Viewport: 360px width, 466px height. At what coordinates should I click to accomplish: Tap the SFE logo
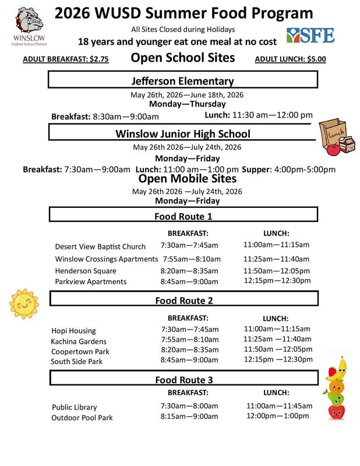tap(310, 34)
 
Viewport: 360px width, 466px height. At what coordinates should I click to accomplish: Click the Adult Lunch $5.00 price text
tap(291, 59)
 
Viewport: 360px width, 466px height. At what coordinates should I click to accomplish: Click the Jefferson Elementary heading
tap(183, 81)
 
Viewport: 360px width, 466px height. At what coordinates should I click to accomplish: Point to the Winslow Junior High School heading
tap(183, 133)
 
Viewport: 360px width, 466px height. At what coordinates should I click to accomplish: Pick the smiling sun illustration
tap(23, 301)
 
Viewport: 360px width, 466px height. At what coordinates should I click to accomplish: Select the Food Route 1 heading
tap(183, 217)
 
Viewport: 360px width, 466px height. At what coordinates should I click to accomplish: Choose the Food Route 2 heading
tap(183, 301)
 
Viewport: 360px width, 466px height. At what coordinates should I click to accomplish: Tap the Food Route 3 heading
tap(183, 380)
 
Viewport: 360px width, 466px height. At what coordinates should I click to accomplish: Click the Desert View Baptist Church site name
tap(100, 246)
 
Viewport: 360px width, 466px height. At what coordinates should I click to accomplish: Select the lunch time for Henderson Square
tap(277, 270)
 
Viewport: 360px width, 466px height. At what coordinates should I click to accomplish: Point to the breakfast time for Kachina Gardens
tap(190, 341)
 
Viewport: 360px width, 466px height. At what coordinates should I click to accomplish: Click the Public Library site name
tap(75, 407)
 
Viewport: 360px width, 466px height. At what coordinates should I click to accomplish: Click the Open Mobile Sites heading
tap(183, 179)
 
